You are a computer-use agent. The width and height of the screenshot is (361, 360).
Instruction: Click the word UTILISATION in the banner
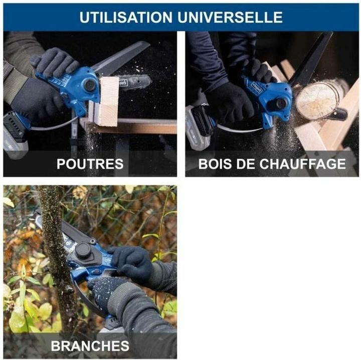126,17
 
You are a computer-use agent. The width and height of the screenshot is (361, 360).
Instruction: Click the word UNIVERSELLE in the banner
230,17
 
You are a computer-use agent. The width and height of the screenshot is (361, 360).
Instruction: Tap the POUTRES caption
90,163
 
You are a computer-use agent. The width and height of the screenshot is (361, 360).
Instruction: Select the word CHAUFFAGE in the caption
302,163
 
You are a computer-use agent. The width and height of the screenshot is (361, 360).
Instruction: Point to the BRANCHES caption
90,345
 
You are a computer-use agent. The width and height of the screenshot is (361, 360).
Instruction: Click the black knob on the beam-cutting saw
90,85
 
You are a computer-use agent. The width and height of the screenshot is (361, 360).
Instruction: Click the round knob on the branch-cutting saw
83,250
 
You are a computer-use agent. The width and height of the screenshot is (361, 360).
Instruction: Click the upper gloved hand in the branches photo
131,262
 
